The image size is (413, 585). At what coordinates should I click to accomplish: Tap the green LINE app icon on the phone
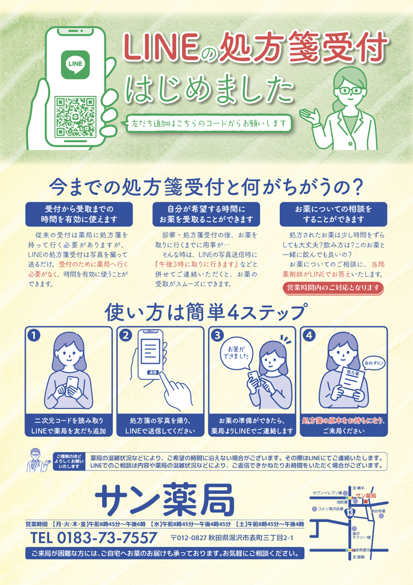[75, 64]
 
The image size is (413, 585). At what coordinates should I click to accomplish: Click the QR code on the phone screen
[75, 116]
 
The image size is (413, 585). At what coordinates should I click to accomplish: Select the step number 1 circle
[34, 335]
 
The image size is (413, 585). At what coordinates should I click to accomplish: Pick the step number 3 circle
[217, 335]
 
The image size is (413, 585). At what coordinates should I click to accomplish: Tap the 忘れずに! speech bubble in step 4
[374, 363]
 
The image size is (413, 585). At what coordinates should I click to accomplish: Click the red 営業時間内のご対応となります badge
[333, 288]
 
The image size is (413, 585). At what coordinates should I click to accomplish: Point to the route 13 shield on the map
[349, 512]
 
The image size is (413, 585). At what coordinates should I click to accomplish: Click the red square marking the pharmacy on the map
[366, 502]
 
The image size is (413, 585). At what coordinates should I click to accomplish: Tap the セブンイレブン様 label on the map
[327, 493]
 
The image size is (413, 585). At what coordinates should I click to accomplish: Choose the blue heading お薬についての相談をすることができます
[334, 214]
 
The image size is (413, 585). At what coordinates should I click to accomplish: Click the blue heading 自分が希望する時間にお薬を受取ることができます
[206, 214]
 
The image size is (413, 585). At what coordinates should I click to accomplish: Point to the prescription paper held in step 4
[352, 383]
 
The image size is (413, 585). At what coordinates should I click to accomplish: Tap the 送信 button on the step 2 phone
[153, 372]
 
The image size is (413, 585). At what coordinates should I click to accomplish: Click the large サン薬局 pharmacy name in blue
[165, 500]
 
